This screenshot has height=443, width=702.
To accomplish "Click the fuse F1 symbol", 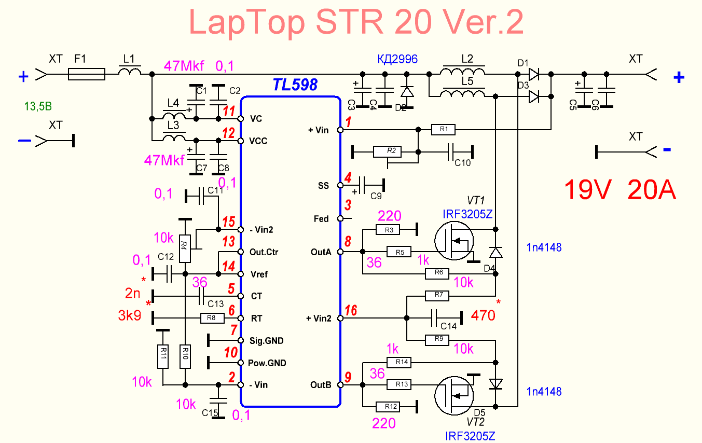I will tap(87, 76).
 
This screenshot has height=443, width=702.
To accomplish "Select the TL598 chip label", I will tap(295, 85).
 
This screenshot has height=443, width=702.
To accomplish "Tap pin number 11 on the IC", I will tap(229, 111).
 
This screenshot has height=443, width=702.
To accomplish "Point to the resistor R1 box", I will tap(443, 130).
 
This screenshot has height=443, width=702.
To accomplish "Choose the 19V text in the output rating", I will tap(590, 190).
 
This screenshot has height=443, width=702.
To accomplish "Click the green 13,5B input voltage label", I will tap(38, 107).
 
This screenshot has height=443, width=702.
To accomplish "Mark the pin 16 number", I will tap(351, 311).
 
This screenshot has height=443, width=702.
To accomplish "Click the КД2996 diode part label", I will tap(397, 59).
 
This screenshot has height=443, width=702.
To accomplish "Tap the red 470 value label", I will tap(483, 315).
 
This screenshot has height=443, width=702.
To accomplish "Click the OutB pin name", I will tap(321, 385).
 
